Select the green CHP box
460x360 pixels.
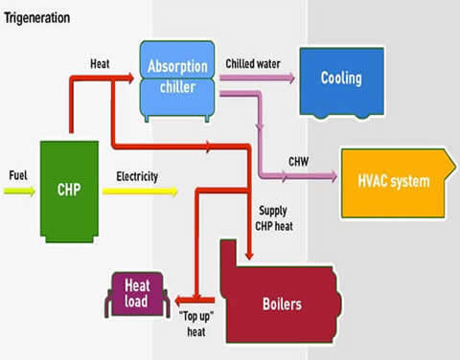click(70, 188)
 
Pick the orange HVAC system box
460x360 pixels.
click(393, 180)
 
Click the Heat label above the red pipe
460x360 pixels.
click(100, 63)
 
